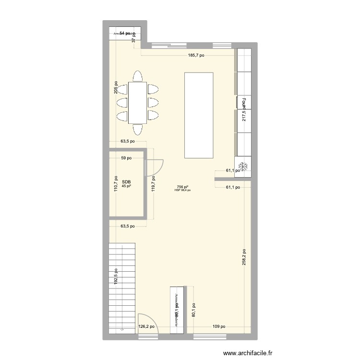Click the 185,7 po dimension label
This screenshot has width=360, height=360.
pos(196,56)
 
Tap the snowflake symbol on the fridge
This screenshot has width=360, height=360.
pos(243,166)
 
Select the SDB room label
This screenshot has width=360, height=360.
pos(126,182)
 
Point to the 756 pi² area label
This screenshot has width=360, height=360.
pos(182,187)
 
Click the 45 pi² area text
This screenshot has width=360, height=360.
pos(126,186)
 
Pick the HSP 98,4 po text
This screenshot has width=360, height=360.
pos(182,190)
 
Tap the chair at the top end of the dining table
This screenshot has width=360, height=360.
pos(138,76)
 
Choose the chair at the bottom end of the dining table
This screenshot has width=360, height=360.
pos(138,129)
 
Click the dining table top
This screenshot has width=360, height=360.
pos(138,102)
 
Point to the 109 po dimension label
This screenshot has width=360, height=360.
pos(219,327)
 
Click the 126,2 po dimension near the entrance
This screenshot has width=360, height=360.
pos(147,327)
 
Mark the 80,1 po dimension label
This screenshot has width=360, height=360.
pos(193,310)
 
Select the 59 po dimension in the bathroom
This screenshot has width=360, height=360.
pos(126,158)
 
